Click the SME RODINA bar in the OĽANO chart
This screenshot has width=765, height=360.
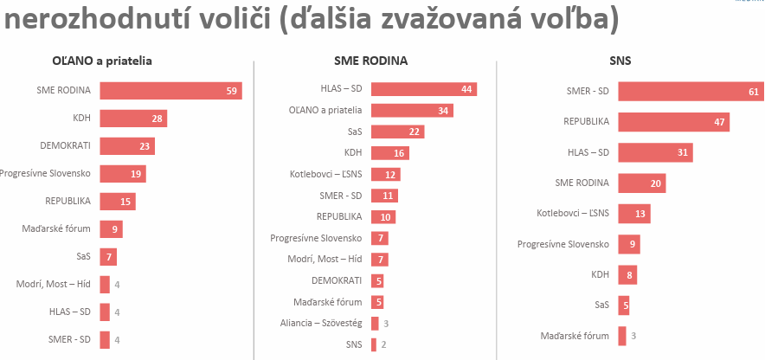point(170,91)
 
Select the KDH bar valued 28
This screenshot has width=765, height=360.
point(133,119)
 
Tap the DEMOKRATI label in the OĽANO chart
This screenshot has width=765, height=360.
point(66,146)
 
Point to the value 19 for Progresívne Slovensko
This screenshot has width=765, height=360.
point(136,174)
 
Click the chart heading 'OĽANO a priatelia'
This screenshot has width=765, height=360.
point(102,61)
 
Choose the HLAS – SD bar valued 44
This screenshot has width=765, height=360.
point(423,89)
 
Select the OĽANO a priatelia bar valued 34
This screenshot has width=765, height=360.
point(412,110)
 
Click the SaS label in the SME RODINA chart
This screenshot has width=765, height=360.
point(354,132)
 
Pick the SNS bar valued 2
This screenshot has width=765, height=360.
point(374,344)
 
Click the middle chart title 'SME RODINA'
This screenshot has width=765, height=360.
point(370,61)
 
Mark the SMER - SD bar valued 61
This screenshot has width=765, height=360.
point(689,92)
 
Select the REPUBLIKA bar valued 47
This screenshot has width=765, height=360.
point(673,122)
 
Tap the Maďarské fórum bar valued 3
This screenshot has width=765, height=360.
point(621,336)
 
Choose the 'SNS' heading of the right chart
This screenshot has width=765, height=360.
point(620,61)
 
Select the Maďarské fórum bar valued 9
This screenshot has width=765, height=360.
point(111,229)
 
